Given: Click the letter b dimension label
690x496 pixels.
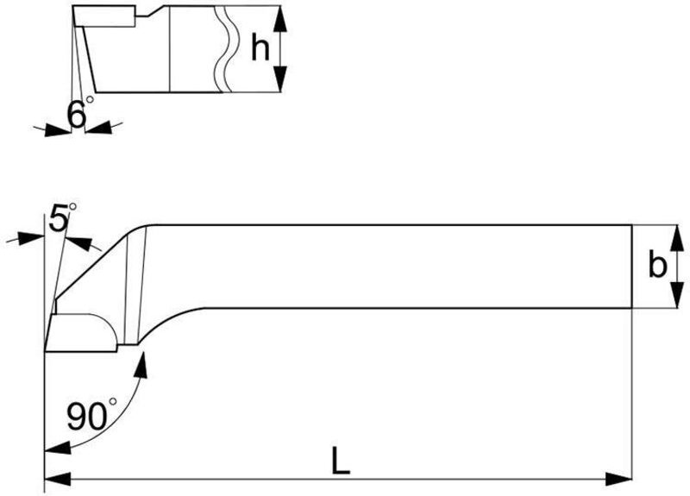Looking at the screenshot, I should [657, 266].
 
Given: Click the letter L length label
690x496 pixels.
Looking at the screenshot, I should [341, 462].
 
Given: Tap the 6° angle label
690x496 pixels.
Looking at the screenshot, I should [78, 114].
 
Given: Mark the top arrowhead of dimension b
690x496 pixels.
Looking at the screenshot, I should [677, 234].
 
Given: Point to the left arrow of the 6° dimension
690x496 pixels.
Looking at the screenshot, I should [53, 129].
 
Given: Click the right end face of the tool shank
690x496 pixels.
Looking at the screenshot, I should [632, 266].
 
